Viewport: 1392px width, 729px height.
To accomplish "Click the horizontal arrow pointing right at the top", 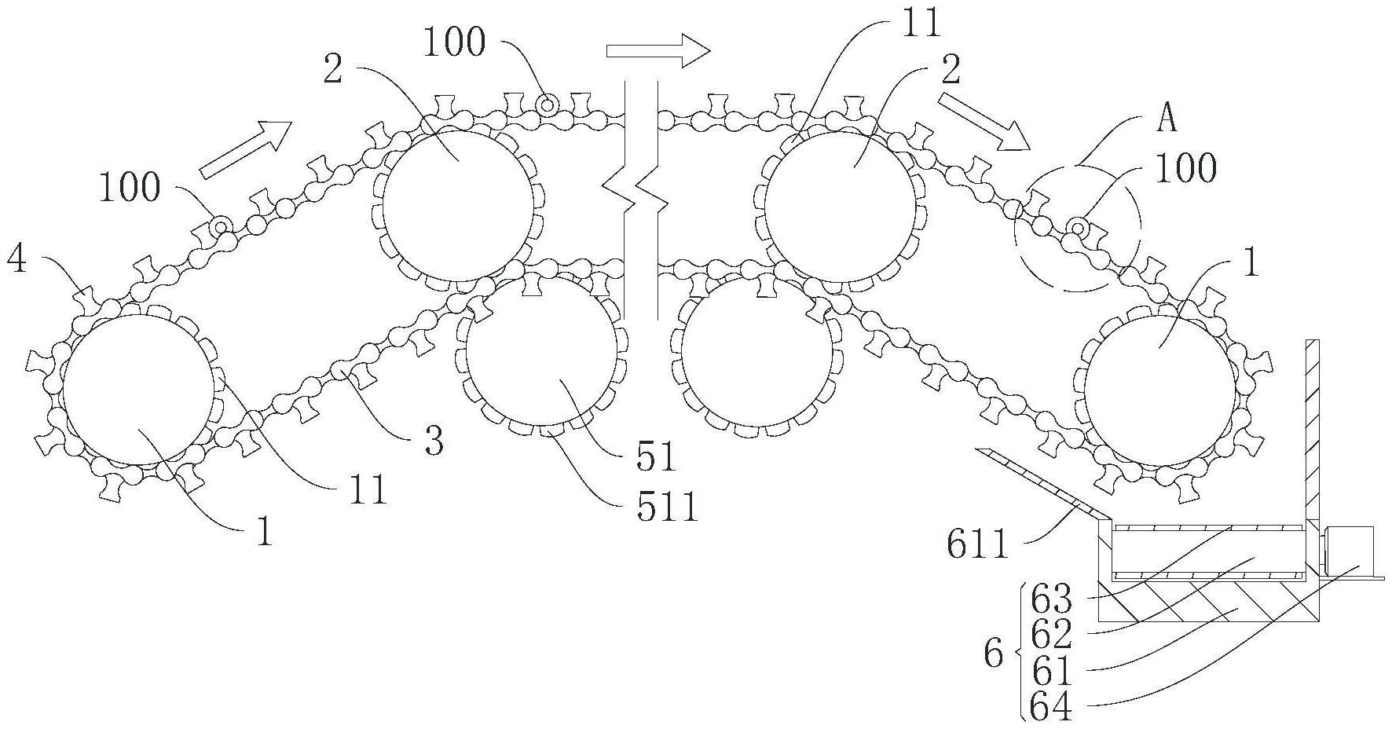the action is tap(658, 51).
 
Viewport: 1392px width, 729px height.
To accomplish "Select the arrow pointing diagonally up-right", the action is tap(246, 150).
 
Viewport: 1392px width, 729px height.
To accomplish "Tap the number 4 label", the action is tap(16, 258).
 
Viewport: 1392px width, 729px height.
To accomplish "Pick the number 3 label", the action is tap(434, 441).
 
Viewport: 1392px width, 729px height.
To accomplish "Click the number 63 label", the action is tap(1050, 600).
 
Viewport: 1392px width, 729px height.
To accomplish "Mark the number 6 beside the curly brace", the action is tap(993, 653).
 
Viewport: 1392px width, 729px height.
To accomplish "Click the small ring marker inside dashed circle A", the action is tap(1079, 229).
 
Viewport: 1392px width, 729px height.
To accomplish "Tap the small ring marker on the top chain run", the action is tap(546, 104).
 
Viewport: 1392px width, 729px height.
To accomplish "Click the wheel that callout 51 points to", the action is tap(541, 353).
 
